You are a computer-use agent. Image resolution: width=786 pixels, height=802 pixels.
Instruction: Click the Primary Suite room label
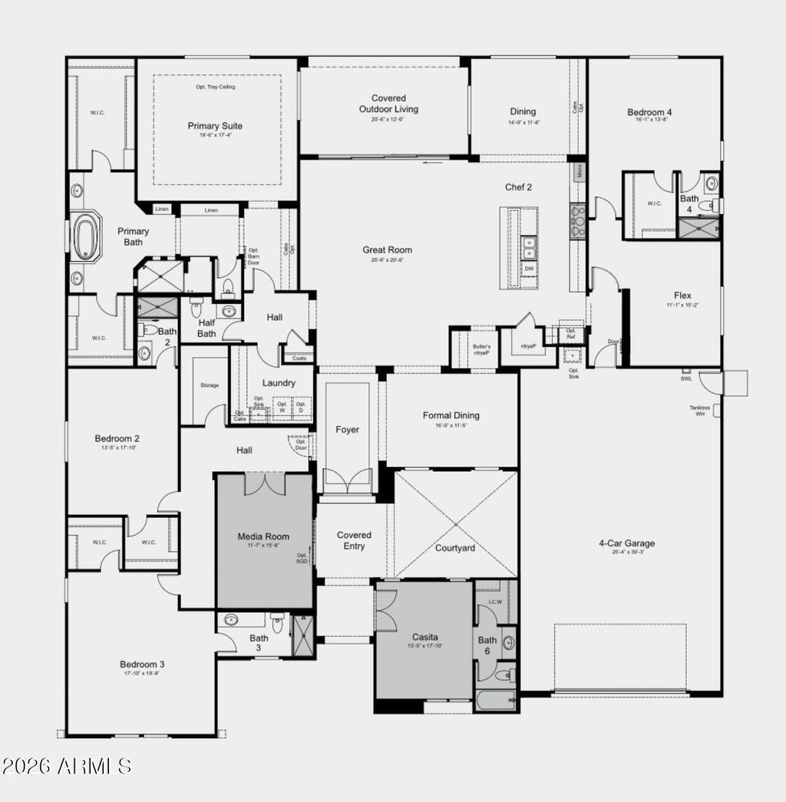click(x=215, y=126)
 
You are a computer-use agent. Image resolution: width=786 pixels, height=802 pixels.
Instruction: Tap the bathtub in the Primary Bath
click(x=86, y=236)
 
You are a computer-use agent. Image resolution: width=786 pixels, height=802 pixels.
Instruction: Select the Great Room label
click(x=387, y=249)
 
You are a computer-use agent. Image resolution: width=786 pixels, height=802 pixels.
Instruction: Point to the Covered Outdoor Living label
click(x=388, y=104)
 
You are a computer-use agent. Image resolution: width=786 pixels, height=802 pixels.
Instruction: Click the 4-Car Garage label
click(x=626, y=543)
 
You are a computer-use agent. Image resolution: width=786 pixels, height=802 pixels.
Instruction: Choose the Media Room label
click(x=263, y=536)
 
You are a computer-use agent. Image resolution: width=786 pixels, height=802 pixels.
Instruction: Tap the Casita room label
click(x=424, y=636)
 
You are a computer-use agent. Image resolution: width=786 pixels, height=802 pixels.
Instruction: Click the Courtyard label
click(x=455, y=548)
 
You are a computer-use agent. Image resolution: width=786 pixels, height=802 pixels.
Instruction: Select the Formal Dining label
click(x=451, y=415)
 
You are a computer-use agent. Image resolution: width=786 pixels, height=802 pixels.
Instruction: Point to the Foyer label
click(x=347, y=430)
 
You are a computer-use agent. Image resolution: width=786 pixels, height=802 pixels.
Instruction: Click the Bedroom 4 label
click(x=649, y=113)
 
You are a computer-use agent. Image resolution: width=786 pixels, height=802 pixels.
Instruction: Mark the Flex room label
click(x=682, y=295)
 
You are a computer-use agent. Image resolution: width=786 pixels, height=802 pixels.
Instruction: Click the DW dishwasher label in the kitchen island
click(x=529, y=269)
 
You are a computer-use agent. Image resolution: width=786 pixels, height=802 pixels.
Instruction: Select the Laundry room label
click(x=279, y=382)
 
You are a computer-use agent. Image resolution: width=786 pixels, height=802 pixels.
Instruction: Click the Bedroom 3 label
click(x=142, y=665)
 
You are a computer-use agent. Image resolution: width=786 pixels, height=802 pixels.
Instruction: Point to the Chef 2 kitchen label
click(x=518, y=186)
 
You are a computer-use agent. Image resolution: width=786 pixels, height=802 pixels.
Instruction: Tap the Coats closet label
click(x=298, y=357)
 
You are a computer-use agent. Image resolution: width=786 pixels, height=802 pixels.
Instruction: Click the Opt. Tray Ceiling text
click(x=215, y=87)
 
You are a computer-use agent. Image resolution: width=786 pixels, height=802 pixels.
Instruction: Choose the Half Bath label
click(x=206, y=328)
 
